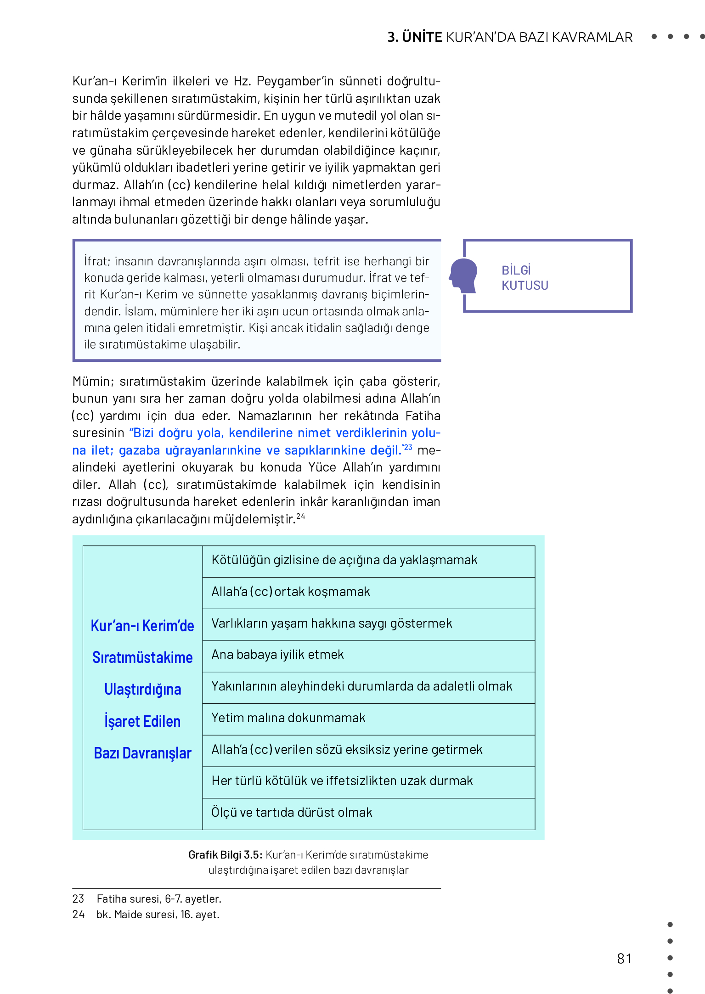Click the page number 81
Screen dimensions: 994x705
624,959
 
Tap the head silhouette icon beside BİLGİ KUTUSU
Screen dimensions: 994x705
463,275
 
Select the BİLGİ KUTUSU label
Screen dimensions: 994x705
525,278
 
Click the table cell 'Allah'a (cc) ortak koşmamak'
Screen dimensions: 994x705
290,592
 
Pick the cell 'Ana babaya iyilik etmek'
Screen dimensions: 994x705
277,655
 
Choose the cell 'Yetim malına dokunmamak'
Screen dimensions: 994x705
288,718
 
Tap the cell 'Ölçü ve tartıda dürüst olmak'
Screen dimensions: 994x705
292,813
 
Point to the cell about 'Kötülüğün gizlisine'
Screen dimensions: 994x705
344,560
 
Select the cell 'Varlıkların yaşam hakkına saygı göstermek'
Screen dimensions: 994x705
332,623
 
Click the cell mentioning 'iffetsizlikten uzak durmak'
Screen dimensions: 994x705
342,781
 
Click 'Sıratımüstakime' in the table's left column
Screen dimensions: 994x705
142,658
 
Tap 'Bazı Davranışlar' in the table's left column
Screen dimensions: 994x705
142,753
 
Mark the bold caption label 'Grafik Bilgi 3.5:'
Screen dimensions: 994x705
225,855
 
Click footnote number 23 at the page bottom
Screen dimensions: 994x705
79,899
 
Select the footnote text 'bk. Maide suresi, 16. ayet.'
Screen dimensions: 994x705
158,915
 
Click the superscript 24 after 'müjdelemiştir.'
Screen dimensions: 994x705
300,516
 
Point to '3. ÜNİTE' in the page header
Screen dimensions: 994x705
414,37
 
